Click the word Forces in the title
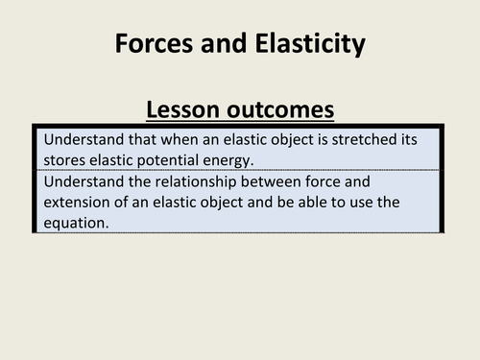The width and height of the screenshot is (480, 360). (x=153, y=43)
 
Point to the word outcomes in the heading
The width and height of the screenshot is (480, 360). (x=281, y=108)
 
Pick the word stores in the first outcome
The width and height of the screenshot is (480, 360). (x=65, y=158)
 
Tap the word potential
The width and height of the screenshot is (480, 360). (x=162, y=158)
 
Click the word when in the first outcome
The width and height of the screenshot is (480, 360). (x=177, y=139)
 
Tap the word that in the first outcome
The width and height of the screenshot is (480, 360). (x=139, y=139)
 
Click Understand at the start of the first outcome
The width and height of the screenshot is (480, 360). (x=83, y=139)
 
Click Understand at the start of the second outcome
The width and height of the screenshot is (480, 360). (x=83, y=180)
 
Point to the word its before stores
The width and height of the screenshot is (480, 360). (x=407, y=139)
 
